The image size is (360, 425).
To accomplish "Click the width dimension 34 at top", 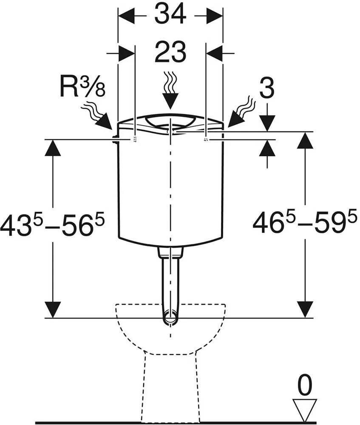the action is coord(170,14).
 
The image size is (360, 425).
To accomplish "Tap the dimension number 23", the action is coord(170,51).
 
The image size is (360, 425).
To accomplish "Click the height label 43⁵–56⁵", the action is coord(52,225).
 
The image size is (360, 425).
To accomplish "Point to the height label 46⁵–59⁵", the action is coord(305,223).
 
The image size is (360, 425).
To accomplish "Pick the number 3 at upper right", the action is coord(267,88).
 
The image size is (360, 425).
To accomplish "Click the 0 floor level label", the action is coord(305,385).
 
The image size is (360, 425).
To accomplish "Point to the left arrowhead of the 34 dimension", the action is coord(127,16).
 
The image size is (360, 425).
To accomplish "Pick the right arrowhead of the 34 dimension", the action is coord(215,16).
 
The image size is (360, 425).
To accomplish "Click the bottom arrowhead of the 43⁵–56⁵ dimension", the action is coord(53,309).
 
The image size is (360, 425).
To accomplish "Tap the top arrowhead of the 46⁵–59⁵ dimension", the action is coord(305,140).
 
